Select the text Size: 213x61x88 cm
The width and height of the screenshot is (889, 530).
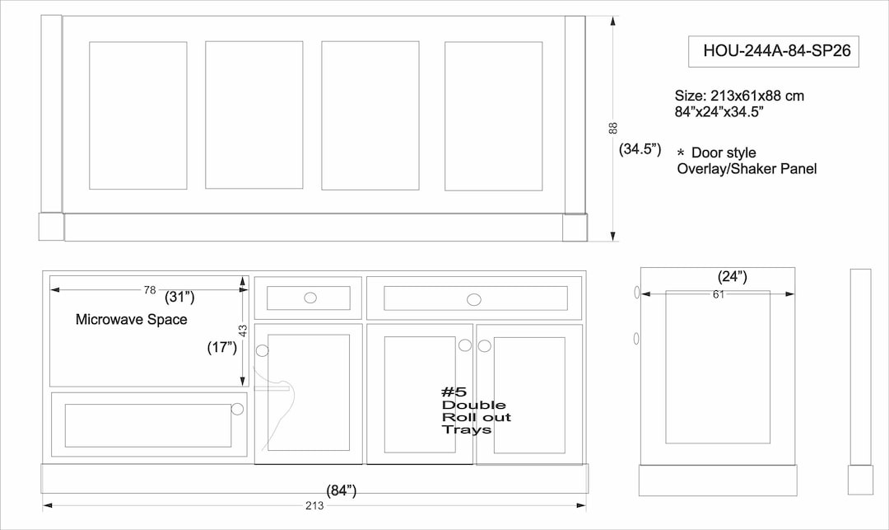tap(739, 96)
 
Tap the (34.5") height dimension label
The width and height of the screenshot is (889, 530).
tap(640, 149)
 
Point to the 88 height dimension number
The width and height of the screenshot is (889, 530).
tap(612, 129)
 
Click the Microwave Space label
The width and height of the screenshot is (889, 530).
tap(131, 319)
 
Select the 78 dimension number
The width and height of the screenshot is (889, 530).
tap(150, 290)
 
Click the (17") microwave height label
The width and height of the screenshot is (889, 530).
tap(222, 348)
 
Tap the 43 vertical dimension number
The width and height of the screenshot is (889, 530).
tap(243, 329)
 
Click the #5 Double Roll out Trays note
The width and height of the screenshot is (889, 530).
tap(476, 410)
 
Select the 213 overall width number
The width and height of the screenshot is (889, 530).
tap(314, 505)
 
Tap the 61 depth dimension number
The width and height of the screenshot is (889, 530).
tap(718, 294)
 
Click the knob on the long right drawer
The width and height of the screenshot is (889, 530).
tap(475, 298)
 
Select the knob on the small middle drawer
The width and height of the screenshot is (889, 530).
tap(310, 298)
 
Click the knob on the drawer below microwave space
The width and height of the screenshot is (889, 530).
tap(238, 409)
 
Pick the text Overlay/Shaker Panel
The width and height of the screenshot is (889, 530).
tap(747, 169)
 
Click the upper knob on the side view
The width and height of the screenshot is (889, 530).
tap(636, 293)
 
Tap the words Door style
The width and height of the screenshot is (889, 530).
tap(723, 152)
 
